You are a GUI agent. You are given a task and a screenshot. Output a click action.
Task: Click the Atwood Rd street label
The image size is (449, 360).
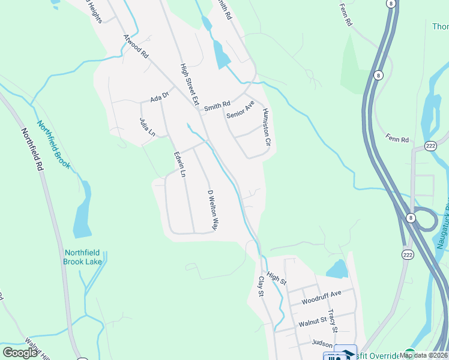[x=136, y=46]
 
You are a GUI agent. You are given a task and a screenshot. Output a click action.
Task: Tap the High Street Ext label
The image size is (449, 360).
[x=190, y=84]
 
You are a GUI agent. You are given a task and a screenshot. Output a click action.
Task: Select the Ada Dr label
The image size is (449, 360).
[x=160, y=96]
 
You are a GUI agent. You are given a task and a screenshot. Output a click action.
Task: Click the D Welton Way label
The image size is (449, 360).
[x=212, y=211]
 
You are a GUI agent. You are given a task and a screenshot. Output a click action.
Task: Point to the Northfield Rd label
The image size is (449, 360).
[x=33, y=150]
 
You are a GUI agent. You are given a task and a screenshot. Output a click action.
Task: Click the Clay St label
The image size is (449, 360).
[x=261, y=286]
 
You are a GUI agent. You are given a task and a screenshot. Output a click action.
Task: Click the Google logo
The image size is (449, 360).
[x=20, y=353]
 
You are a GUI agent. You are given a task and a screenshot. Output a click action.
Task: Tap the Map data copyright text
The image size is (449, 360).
[x=423, y=355]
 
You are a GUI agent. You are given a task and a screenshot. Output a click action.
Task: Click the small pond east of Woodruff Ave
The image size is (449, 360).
[x=337, y=269]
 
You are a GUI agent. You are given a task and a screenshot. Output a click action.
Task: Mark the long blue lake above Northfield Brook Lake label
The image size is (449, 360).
[x=82, y=210]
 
